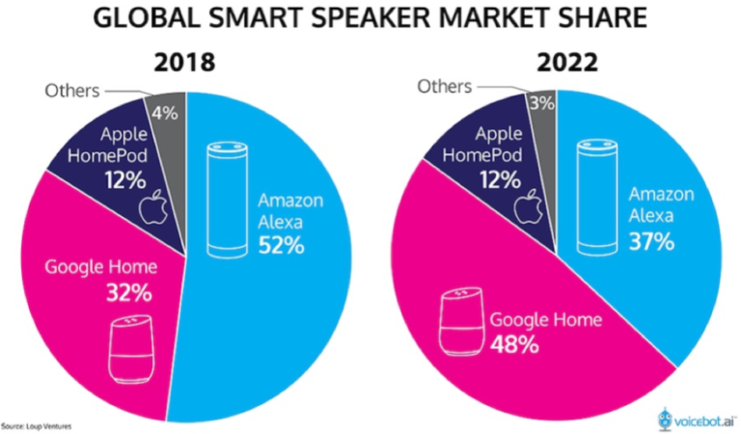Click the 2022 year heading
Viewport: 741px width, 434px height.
[566, 66]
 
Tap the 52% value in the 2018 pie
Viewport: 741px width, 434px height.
[281, 246]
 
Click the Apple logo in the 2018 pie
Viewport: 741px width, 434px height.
[150, 207]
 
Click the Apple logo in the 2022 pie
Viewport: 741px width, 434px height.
[526, 204]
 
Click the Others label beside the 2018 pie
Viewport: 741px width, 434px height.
[72, 91]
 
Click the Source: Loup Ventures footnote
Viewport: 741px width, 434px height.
[37, 424]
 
